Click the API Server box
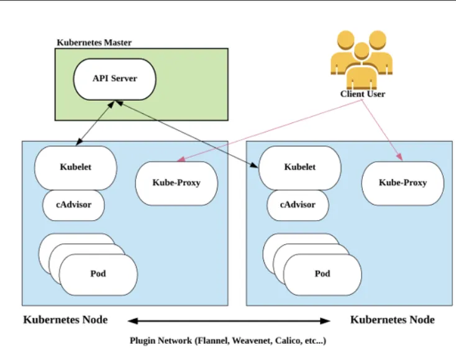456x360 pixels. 114,79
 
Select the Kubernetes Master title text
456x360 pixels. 94,43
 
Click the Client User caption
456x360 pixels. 362,95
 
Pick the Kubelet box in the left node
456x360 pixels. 76,167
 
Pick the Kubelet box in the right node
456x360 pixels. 299,167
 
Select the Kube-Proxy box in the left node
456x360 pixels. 176,183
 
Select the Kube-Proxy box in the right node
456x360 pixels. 403,183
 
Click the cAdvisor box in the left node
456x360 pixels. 73,205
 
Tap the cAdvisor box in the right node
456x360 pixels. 298,205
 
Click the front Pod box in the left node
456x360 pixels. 98,274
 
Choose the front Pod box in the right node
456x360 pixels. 322,274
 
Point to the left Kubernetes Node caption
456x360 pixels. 65,320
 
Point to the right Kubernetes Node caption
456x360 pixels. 392,320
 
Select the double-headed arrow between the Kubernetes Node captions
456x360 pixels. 229,321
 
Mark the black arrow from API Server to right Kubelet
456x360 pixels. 186,134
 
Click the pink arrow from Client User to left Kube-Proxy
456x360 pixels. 267,129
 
